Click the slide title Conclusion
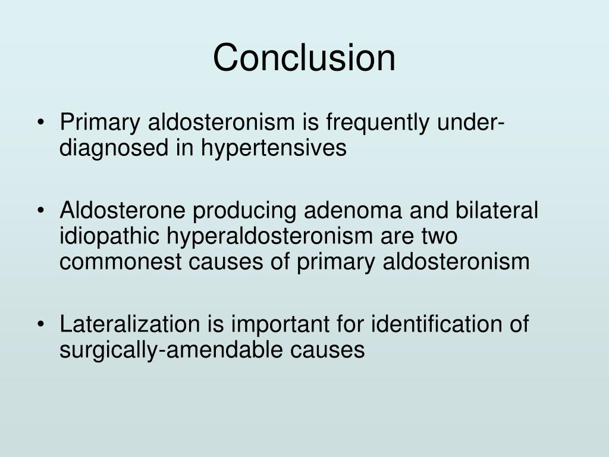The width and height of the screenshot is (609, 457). pos(304,58)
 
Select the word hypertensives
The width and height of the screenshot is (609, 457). pos(273,148)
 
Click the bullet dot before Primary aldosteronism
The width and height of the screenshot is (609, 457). pos(40,124)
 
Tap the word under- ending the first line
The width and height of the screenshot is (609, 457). pos(470,123)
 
